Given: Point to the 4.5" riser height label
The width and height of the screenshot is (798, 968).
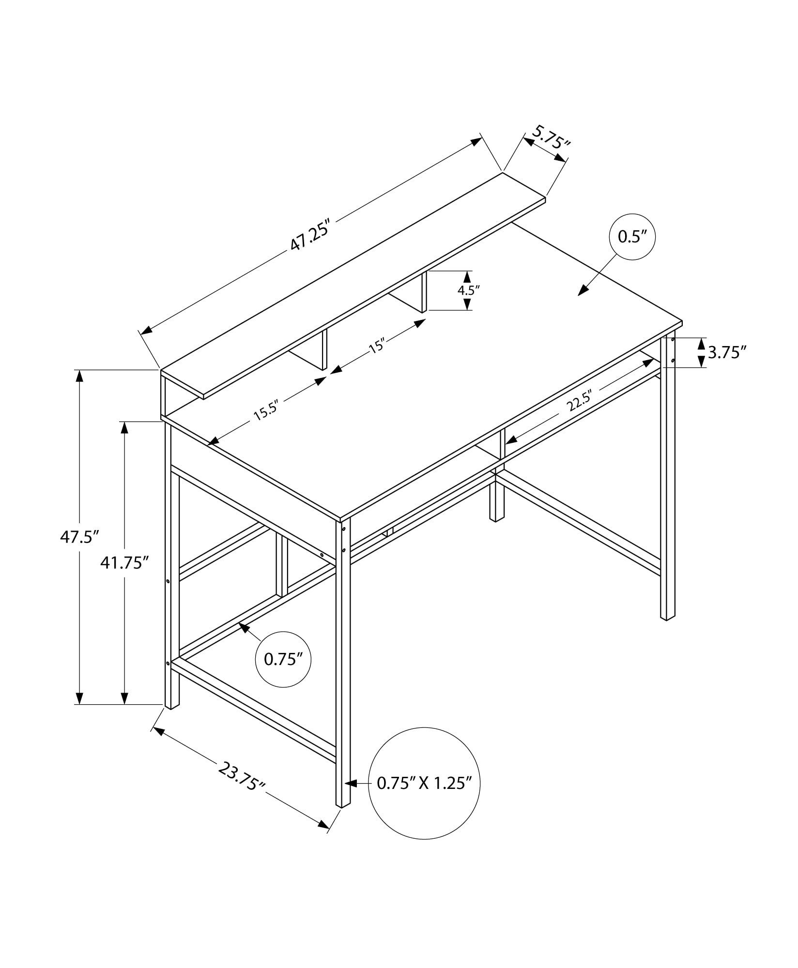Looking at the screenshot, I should pyautogui.click(x=468, y=290).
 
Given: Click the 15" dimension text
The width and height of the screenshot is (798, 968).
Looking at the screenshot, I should pyautogui.click(x=377, y=347).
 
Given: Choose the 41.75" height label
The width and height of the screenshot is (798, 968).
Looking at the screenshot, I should pyautogui.click(x=124, y=562).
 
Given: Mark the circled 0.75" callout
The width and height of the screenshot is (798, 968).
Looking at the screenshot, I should pyautogui.click(x=283, y=659).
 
